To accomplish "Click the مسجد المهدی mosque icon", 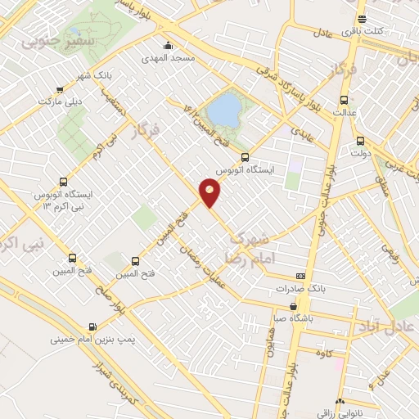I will (169, 45).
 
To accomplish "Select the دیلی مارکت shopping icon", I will (59, 90).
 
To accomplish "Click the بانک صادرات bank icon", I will (301, 277).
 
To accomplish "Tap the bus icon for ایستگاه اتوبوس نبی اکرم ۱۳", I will (63, 182).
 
